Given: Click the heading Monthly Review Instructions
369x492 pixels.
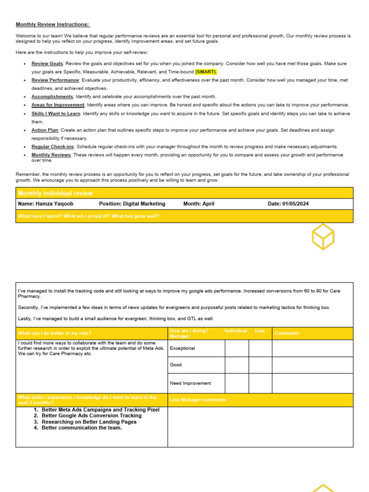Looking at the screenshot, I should tap(53, 25).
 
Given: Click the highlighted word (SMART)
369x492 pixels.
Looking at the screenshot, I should tap(206, 72).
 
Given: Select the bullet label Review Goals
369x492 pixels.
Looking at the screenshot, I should tap(47, 63).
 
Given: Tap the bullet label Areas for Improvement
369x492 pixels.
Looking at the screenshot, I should tap(58, 105).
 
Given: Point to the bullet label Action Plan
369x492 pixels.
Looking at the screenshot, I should tap(45, 130).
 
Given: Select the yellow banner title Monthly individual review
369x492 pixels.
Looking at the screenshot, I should tap(55, 193).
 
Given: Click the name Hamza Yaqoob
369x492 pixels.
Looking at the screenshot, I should tap(46, 204).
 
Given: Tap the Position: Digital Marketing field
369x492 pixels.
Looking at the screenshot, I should tap(132, 204).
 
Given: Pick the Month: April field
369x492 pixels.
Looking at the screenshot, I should tap(199, 204).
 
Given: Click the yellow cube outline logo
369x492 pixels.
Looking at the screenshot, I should tap(323, 236).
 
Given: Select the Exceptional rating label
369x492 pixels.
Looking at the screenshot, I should tap(183, 348).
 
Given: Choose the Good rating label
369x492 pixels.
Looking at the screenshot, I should tap(176, 365).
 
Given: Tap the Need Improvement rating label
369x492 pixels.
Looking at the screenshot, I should tap(190, 383).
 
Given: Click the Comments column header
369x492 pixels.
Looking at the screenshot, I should tap(287, 333).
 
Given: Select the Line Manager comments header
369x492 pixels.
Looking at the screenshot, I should tap(198, 400).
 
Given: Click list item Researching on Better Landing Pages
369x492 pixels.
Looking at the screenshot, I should tap(89, 422).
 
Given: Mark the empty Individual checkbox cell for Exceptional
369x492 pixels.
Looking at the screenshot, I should tap(237, 348).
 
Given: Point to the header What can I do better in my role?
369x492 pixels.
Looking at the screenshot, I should tap(54, 333).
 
